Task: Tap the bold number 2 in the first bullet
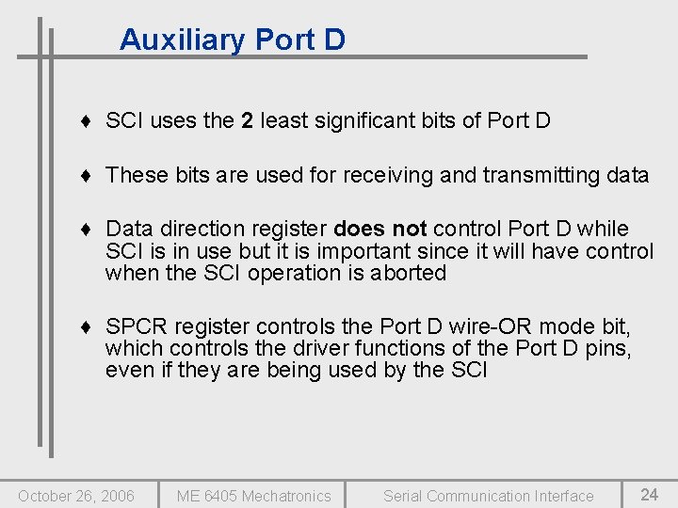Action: (247, 120)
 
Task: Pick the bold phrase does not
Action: (380, 229)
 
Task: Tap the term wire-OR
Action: (475, 326)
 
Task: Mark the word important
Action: (359, 251)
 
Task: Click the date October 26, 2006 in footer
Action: (76, 496)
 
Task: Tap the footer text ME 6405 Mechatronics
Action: (254, 496)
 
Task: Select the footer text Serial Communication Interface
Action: (489, 496)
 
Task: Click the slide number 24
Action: (650, 495)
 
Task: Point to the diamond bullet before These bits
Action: (86, 175)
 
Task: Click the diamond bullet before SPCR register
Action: (86, 327)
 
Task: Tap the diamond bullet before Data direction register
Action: (86, 230)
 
